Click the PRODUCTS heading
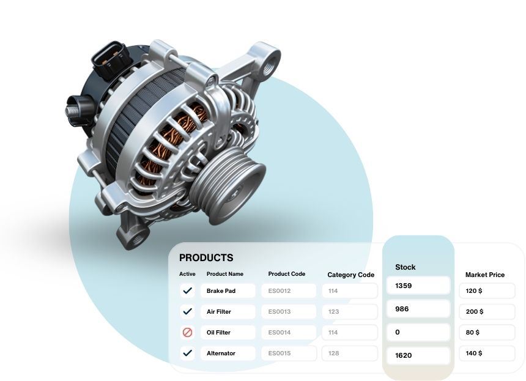coord(206,257)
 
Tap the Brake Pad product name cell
coord(228,290)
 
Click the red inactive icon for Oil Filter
coord(187,332)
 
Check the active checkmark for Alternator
coord(188,353)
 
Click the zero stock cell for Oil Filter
coord(418,332)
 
